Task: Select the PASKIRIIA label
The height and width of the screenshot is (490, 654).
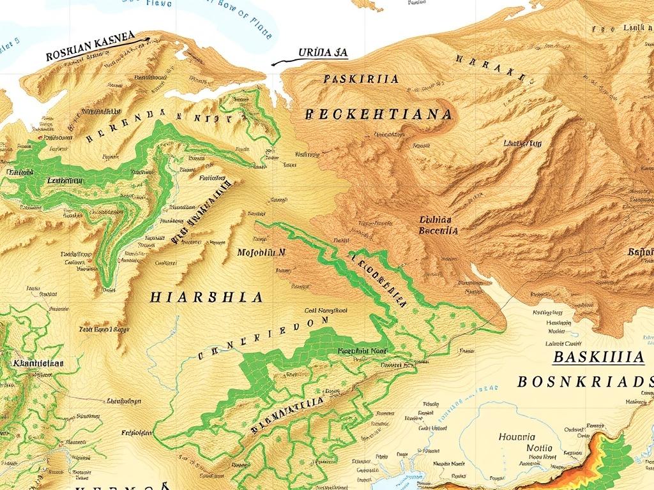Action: pos(361,79)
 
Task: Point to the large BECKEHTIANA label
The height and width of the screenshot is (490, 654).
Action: pos(379,115)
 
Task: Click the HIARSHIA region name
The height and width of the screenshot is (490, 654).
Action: pos(206,297)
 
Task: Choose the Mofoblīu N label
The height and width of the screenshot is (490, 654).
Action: pos(261,252)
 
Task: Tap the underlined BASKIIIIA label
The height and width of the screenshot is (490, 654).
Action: pos(598,357)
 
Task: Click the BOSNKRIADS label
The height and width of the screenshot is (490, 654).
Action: pos(584,382)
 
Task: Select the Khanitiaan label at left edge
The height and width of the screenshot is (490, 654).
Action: pos(38,362)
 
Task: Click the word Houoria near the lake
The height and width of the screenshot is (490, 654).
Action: pos(517,438)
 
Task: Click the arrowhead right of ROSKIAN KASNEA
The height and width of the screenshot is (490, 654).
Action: pos(146,39)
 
